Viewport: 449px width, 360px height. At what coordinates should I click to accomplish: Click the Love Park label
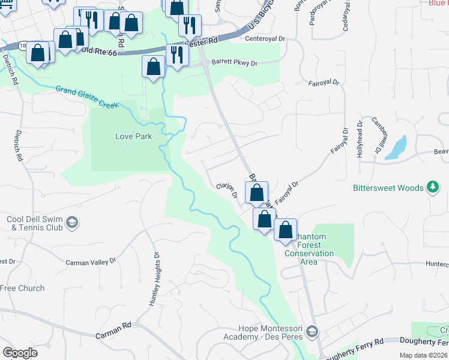[133, 136]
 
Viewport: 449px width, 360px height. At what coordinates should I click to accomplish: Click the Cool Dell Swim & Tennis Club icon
[72, 223]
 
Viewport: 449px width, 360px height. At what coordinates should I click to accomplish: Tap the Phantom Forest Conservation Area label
[309, 245]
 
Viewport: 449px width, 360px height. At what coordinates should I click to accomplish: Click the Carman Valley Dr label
[90, 263]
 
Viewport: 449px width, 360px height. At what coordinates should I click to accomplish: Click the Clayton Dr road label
[228, 191]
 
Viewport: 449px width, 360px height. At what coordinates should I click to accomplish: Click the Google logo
[20, 353]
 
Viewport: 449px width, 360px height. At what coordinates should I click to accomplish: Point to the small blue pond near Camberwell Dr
[396, 147]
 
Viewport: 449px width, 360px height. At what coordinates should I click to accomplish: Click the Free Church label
[22, 288]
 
